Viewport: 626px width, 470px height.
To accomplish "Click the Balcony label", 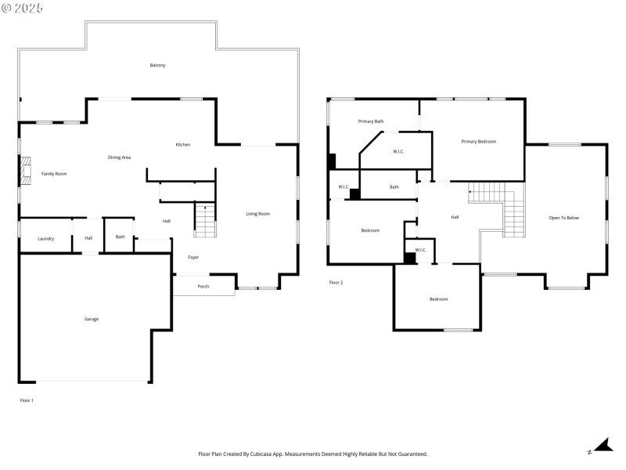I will [157, 65].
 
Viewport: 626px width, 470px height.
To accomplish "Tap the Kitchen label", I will [182, 144].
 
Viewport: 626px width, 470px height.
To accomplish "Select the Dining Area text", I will [119, 157].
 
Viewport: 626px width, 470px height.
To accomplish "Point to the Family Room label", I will [54, 173].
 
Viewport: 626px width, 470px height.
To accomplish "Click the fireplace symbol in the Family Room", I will [26, 173].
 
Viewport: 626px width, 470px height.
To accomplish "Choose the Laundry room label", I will [45, 238].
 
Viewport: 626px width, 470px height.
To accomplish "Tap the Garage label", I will [92, 319].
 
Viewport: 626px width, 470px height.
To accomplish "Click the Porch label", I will [203, 286].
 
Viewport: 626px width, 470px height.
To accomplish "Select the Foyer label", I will [193, 257].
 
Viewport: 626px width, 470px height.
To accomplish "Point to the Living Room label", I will [257, 213].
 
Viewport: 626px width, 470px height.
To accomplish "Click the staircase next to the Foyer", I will [203, 221].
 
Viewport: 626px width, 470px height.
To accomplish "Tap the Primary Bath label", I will [371, 121].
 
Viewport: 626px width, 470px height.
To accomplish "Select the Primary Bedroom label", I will [478, 141].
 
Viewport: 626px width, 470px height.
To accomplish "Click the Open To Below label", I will [563, 217].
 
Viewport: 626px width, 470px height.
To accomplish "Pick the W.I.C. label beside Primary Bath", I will [398, 151].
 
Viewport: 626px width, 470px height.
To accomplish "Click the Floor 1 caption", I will [27, 400].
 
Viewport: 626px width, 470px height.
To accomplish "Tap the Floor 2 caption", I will [336, 282].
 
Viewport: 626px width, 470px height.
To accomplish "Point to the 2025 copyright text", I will [23, 7].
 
